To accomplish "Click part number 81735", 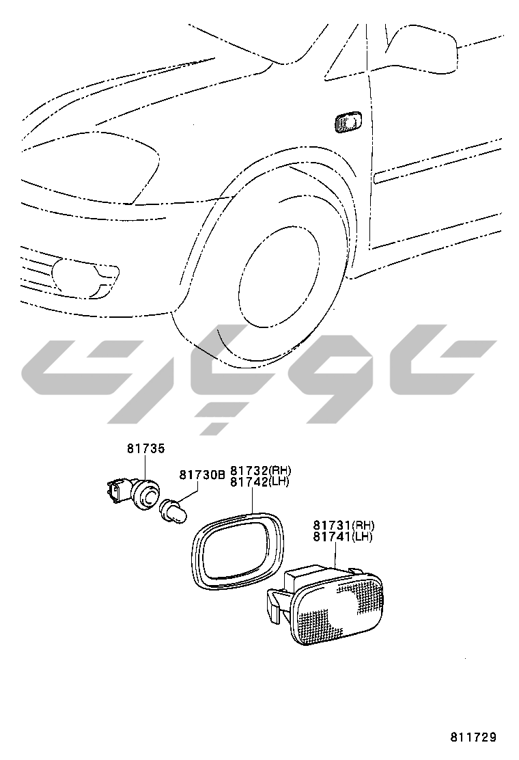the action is click(145, 448).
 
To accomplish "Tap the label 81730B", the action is click(202, 474).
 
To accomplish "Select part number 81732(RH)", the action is click(260, 470).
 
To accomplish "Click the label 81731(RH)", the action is click(343, 525).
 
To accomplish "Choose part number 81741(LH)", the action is click(343, 537).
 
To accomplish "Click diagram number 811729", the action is click(473, 737).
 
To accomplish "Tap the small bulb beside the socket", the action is click(174, 512).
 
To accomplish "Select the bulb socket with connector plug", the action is click(132, 492).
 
